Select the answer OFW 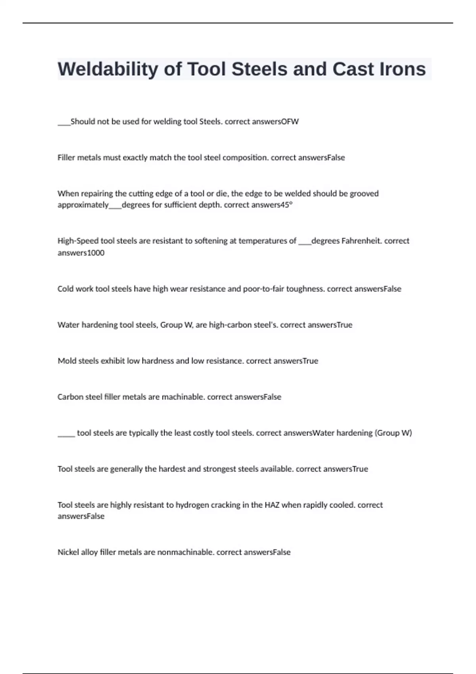click(x=290, y=122)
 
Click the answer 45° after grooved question click(x=286, y=205)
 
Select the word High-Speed click(x=78, y=241)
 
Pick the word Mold click(x=66, y=361)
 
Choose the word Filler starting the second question click(x=66, y=158)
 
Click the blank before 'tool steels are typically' click(x=66, y=434)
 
